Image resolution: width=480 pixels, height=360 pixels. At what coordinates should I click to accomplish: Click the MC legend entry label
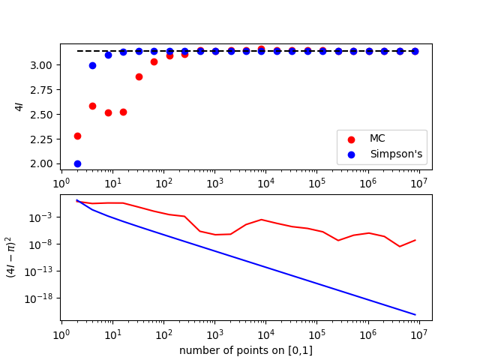pyautogui.click(x=377, y=139)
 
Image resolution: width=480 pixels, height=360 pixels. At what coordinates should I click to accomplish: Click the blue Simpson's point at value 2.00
pyautogui.click(x=77, y=163)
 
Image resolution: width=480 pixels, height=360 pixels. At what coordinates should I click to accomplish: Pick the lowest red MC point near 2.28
pyautogui.click(x=77, y=136)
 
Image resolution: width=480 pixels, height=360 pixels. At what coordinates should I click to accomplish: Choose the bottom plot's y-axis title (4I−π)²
pyautogui.click(x=10, y=257)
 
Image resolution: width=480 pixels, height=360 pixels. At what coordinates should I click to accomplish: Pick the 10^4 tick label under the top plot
pyautogui.click(x=265, y=183)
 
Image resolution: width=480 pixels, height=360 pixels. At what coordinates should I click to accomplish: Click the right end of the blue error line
pyautogui.click(x=415, y=314)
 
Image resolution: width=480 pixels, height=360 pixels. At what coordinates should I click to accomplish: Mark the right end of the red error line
pyautogui.click(x=415, y=240)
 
